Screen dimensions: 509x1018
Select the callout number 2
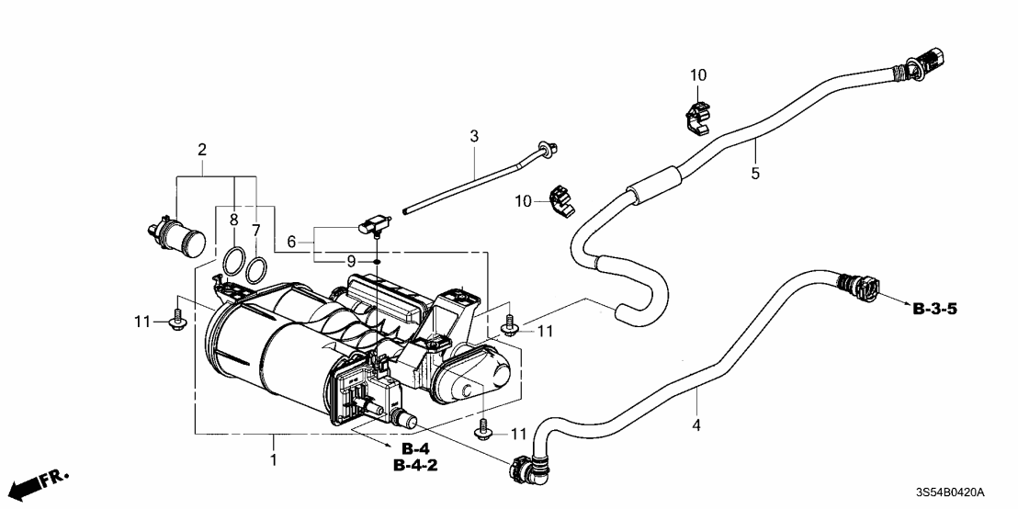tap(201, 149)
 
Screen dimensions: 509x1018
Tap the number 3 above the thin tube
tap(474, 137)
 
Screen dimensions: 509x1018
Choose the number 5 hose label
tap(755, 172)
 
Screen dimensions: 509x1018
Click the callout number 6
tap(293, 242)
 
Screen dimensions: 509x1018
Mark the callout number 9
tap(351, 262)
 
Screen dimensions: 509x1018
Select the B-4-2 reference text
tap(415, 466)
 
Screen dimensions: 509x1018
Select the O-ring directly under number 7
tap(257, 268)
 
